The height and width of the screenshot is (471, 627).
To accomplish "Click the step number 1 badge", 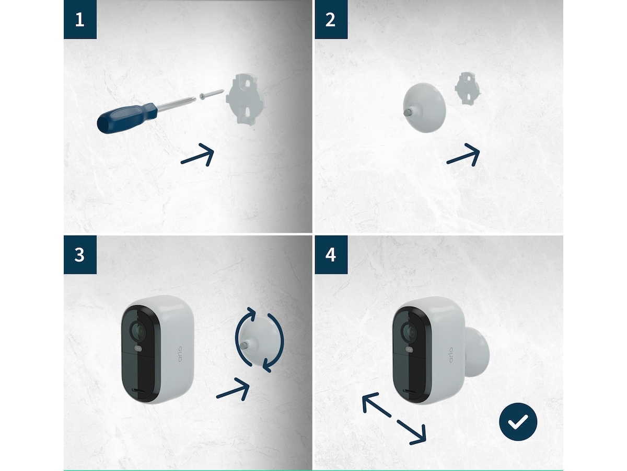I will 80,20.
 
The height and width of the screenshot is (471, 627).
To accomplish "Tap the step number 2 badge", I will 331,20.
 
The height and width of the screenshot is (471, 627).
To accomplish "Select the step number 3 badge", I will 80,255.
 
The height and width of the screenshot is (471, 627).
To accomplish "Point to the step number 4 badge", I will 331,255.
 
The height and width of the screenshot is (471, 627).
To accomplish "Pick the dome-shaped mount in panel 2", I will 425,109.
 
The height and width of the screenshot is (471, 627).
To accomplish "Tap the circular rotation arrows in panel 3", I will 260,340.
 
